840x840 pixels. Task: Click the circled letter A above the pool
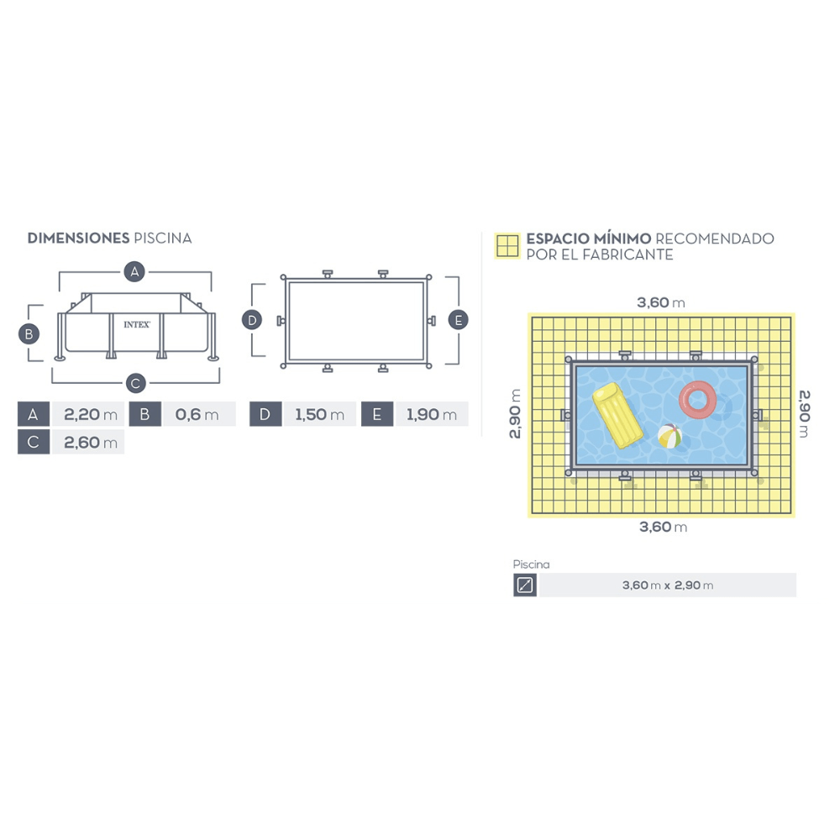pyautogui.click(x=134, y=271)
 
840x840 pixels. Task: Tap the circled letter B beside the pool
pyautogui.click(x=29, y=334)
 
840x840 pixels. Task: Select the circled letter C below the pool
pyautogui.click(x=135, y=383)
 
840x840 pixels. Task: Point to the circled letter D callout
pyautogui.click(x=252, y=320)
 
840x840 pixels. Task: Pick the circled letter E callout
pyautogui.click(x=458, y=320)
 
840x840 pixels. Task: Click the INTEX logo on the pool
pyautogui.click(x=137, y=324)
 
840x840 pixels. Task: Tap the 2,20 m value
pyautogui.click(x=90, y=414)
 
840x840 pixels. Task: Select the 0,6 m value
pyautogui.click(x=197, y=414)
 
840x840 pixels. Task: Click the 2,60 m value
pyautogui.click(x=90, y=442)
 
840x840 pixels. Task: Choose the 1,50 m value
pyautogui.click(x=319, y=414)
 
